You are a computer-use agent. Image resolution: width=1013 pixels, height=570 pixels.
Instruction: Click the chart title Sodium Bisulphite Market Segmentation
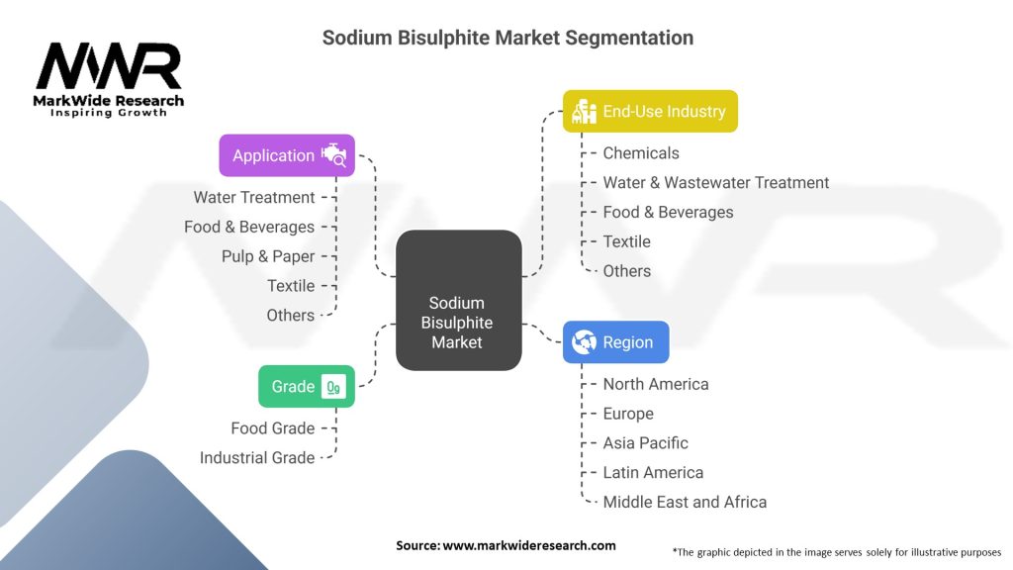tap(507, 38)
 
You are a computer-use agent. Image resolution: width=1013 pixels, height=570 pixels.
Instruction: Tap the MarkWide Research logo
tap(110, 79)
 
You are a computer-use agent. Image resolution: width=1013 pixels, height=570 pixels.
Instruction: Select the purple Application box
tap(286, 155)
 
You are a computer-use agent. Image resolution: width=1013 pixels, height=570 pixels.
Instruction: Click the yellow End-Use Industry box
tap(650, 112)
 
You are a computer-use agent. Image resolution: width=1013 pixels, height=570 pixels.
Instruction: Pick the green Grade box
tap(306, 387)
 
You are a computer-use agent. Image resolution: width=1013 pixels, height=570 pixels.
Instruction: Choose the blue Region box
tap(615, 342)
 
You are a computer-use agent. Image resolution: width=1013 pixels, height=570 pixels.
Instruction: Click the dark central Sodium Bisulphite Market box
tap(457, 323)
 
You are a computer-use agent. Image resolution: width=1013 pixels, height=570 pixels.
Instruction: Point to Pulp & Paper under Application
tap(268, 256)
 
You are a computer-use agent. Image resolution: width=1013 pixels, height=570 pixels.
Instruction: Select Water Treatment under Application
tap(254, 198)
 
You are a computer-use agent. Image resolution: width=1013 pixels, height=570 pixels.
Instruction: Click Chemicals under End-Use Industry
tap(641, 153)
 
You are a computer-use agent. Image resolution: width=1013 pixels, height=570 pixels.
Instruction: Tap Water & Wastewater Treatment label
tap(716, 182)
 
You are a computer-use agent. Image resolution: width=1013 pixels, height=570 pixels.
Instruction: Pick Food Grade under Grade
tap(273, 428)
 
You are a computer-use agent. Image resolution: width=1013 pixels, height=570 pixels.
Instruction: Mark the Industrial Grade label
tap(257, 457)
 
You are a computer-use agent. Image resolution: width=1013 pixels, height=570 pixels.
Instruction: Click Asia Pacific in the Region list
tap(645, 443)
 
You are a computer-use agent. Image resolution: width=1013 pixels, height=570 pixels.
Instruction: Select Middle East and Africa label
tap(685, 502)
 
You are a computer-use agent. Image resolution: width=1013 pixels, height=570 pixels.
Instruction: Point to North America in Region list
tap(656, 384)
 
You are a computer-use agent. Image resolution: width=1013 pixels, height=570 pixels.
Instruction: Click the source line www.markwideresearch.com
tap(506, 545)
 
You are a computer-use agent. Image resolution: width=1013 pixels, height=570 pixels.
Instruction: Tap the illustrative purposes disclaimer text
tap(836, 551)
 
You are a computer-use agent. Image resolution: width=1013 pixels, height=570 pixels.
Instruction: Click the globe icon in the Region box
tap(585, 342)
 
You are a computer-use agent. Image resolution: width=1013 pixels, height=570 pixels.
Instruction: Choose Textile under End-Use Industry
tap(626, 241)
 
